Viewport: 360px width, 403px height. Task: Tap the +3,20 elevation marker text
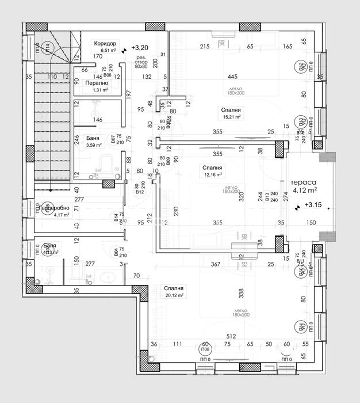139,48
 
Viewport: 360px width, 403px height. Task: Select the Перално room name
97,83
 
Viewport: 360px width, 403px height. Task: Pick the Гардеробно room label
53,208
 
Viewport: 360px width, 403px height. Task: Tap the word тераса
303,178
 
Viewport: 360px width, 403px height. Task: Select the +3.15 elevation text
313,204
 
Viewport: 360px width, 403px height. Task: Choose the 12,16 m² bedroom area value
212,175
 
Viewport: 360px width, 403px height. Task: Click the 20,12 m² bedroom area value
173,295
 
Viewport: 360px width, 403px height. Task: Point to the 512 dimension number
231,336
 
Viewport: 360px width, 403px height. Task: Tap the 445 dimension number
232,77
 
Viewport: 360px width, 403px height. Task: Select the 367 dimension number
216,264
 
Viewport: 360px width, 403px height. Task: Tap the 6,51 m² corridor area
109,51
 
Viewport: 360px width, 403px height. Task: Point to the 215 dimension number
204,47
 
